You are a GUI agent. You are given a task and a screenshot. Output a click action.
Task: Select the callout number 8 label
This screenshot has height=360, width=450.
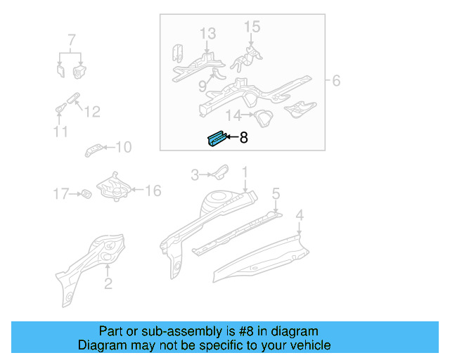pos(243,139)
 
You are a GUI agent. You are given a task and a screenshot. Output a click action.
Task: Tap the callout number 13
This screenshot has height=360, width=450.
pos(207,33)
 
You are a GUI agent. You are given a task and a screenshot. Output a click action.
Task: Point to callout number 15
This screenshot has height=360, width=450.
pos(252,27)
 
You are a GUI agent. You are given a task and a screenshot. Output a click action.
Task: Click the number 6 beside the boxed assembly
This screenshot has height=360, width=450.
pos(336,81)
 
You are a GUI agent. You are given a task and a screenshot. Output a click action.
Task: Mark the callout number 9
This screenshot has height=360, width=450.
pos(202,86)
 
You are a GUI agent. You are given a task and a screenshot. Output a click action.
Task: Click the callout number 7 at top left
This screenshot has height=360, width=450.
pos(71,39)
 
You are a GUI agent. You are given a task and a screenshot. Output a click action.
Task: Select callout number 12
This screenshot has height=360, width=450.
pos(92,112)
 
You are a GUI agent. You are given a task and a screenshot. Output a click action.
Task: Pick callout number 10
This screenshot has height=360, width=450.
pos(123,147)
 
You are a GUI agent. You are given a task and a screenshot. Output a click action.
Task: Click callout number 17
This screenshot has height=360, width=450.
pos(62,193)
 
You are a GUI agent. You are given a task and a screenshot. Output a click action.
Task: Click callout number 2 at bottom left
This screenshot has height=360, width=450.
pos(108,284)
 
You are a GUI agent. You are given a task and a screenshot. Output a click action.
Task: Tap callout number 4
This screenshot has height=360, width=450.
pos(300,214)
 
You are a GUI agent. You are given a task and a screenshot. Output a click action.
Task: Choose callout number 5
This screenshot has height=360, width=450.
pos(276,193)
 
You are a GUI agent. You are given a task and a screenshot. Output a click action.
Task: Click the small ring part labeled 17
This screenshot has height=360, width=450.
pos(85,193)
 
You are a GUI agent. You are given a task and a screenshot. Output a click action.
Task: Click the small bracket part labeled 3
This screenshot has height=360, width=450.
pos(219,171)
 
